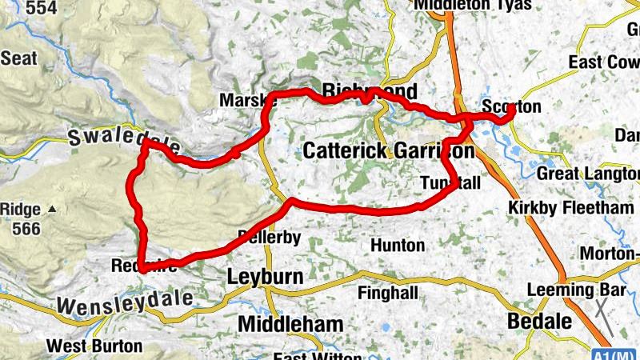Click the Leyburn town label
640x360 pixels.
[265, 278]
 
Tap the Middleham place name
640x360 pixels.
[290, 324]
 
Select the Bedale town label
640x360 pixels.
[540, 322]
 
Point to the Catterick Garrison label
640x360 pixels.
[388, 150]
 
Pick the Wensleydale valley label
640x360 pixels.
[125, 301]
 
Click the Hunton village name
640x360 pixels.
[397, 245]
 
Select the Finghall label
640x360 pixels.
[387, 293]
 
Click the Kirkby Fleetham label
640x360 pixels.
[571, 208]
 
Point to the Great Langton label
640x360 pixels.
[588, 174]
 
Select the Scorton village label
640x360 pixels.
[512, 106]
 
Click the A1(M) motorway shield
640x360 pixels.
[618, 353]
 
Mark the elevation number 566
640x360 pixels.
[26, 228]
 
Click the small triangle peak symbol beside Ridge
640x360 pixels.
[52, 210]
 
